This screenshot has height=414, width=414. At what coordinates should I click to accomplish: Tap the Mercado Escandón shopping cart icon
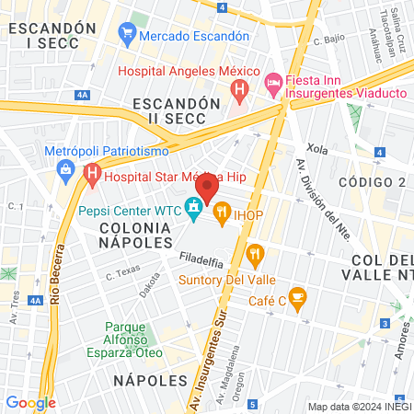(x=127, y=36)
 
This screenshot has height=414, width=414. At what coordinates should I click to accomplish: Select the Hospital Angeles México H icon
(x=239, y=90)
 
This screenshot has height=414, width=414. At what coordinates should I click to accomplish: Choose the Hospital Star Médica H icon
(x=92, y=172)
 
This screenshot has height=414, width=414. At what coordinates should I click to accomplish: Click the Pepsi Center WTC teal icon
(x=193, y=210)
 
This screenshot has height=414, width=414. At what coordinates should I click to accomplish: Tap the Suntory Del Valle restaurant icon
(x=256, y=253)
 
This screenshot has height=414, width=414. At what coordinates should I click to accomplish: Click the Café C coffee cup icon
(x=296, y=296)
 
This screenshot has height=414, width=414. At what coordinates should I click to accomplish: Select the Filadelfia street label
(x=202, y=260)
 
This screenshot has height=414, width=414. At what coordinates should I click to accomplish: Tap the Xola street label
(x=317, y=147)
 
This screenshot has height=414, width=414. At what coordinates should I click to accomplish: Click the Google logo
(x=30, y=402)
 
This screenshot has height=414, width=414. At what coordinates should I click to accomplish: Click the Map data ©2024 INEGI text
(x=358, y=407)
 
